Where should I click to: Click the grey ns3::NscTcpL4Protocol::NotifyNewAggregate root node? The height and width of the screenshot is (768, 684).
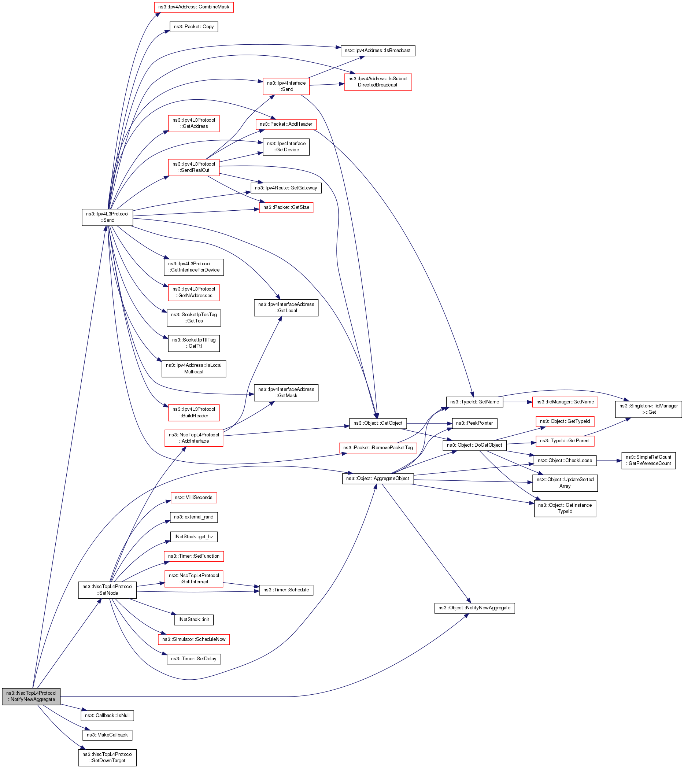click(x=31, y=696)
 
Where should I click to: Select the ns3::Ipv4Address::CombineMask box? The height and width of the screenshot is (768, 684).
click(x=193, y=7)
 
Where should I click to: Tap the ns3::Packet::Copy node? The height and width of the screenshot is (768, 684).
click(x=193, y=27)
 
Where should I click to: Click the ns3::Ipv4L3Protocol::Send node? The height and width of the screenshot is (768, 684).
click(x=107, y=217)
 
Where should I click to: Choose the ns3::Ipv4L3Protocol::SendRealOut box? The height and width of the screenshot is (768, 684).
click(x=193, y=167)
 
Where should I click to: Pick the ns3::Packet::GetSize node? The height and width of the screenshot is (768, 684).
click(x=286, y=207)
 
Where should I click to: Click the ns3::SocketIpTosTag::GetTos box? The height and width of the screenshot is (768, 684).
click(x=193, y=318)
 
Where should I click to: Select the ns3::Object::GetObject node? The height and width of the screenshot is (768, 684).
click(x=378, y=423)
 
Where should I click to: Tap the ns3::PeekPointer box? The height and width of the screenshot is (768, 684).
click(x=474, y=423)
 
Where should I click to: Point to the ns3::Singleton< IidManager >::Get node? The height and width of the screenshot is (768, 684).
click(x=648, y=409)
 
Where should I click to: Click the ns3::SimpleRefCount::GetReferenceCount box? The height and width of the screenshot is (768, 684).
click(x=648, y=461)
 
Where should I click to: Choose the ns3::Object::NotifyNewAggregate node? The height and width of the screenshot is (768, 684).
click(x=474, y=608)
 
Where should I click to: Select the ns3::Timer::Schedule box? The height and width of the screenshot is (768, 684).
click(x=286, y=590)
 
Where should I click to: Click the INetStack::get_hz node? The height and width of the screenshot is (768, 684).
click(x=193, y=537)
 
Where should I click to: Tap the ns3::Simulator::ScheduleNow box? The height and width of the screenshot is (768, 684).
click(x=193, y=639)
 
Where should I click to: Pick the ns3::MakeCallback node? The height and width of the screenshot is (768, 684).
click(x=107, y=735)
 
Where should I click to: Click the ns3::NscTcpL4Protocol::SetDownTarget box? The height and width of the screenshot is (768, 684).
click(x=107, y=757)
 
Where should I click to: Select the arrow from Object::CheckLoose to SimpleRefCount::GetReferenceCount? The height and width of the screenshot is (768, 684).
click(x=609, y=461)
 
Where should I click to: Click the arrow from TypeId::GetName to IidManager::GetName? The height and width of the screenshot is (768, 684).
click(x=518, y=402)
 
